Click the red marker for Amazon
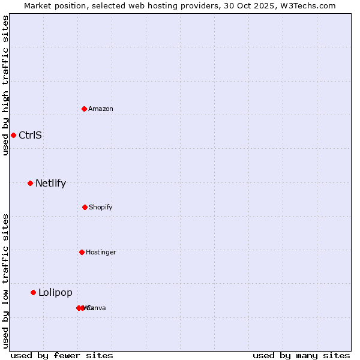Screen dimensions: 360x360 [84, 109]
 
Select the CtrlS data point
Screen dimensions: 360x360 [13, 135]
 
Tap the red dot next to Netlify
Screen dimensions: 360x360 [30, 183]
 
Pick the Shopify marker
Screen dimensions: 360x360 [85, 207]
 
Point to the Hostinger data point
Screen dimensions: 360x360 [82, 252]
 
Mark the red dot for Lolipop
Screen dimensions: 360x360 [33, 292]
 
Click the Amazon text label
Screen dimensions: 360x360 [100, 109]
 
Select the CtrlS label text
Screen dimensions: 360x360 [30, 135]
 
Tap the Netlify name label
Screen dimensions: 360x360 [50, 183]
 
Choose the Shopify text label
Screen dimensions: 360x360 [100, 207]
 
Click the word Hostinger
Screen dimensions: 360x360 [101, 252]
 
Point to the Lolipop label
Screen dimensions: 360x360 [55, 292]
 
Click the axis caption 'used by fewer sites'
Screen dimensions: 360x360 [62, 355]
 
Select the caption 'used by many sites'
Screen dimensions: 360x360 [301, 355]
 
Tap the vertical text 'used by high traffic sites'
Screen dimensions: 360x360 [5, 85]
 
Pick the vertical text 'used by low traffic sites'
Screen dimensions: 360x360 [5, 281]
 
